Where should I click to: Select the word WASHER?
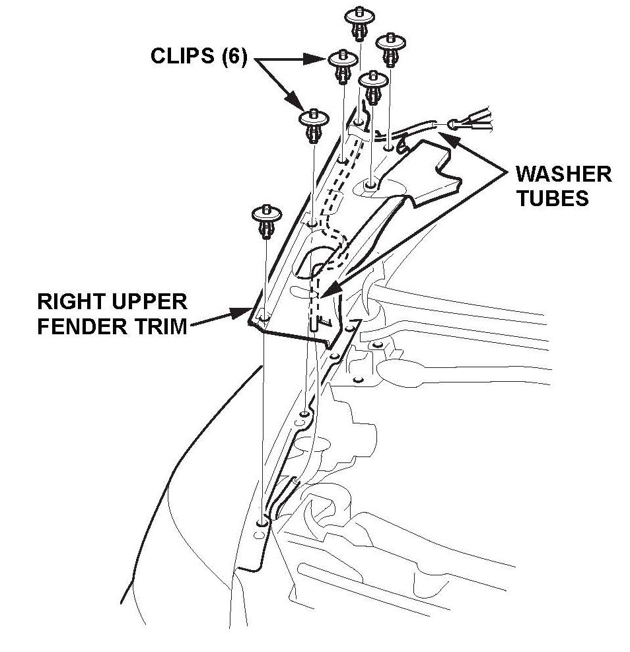[x=563, y=174]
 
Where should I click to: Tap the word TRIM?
[x=158, y=326]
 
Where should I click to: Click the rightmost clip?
[x=390, y=48]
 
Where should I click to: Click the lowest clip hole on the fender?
[x=263, y=522]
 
